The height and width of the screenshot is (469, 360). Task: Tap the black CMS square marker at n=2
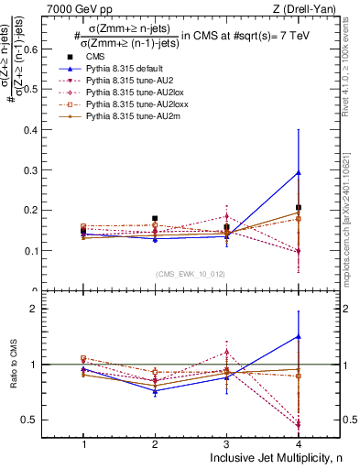point(155,219)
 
